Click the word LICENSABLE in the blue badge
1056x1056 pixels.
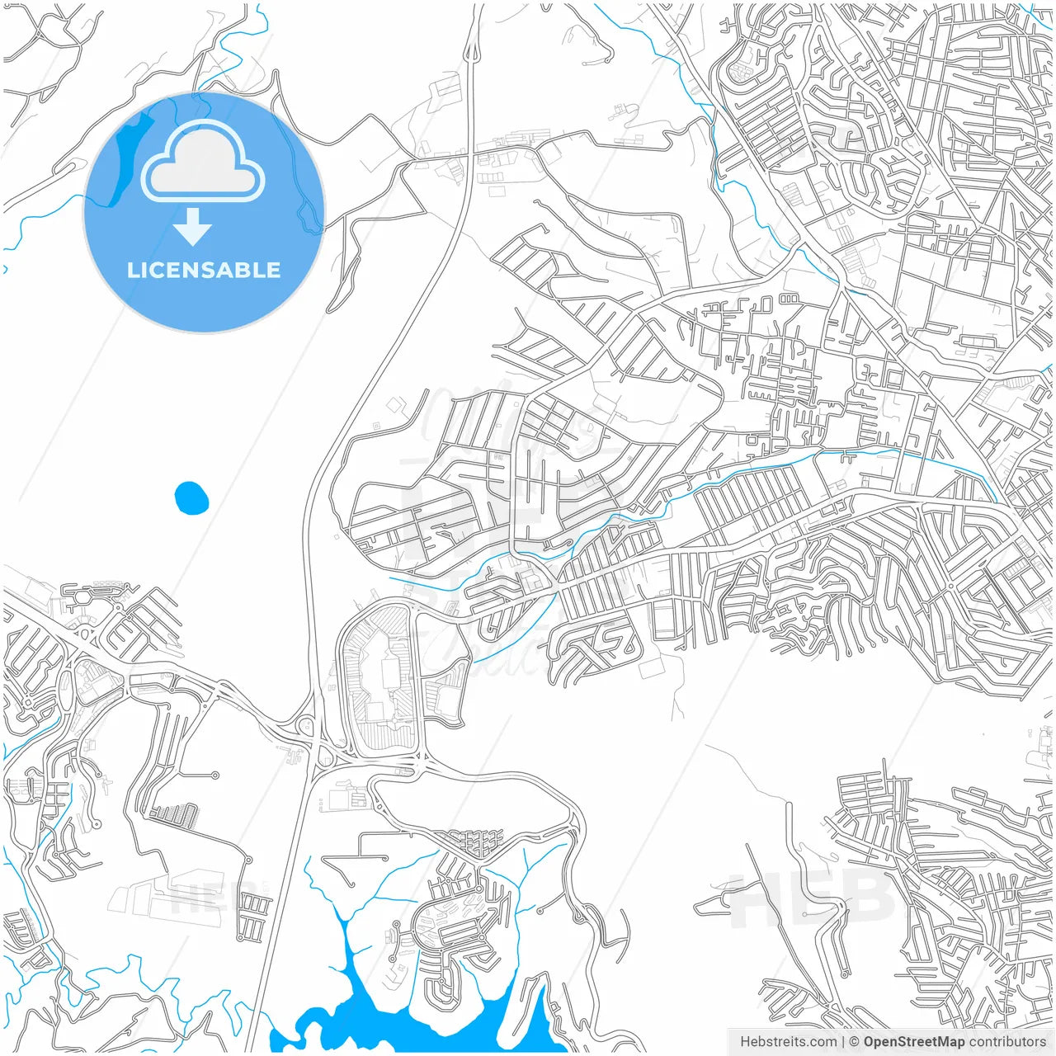click(x=203, y=270)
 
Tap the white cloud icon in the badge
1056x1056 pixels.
click(x=203, y=161)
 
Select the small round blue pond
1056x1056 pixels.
click(x=191, y=497)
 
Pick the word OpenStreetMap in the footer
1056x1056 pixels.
click(x=913, y=1041)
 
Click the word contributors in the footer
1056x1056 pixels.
click(x=1007, y=1041)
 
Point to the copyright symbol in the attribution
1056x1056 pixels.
click(x=854, y=1041)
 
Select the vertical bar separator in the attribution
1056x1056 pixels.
click(x=842, y=1041)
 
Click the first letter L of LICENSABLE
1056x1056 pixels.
click(x=132, y=270)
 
